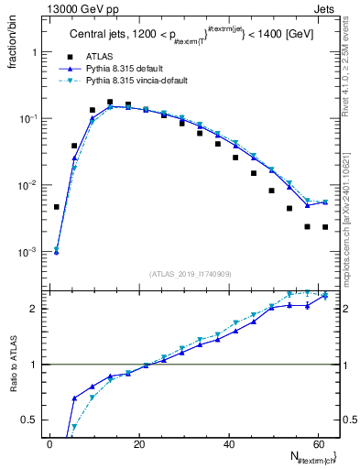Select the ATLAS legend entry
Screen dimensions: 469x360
click(101, 56)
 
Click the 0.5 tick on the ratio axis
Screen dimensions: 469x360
click(29, 420)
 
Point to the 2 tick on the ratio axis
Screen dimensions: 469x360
click(34, 309)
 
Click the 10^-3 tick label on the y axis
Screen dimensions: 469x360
click(27, 252)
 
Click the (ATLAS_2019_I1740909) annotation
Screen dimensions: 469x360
click(191, 274)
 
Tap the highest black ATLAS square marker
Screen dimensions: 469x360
click(110, 103)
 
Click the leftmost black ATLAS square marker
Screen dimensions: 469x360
click(57, 207)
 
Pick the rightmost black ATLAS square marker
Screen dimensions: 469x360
click(325, 227)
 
